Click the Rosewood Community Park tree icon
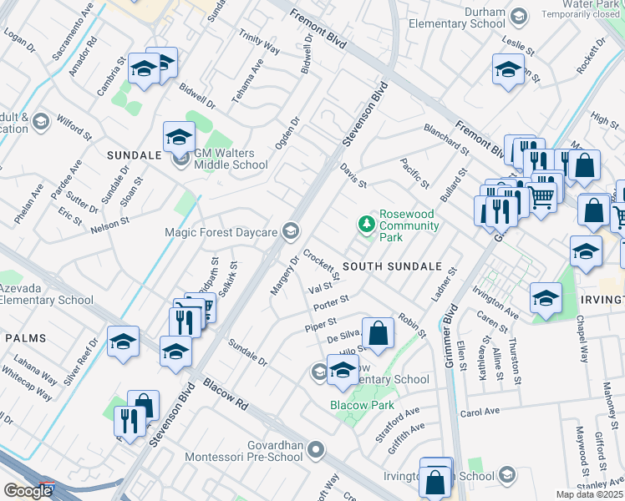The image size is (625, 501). click(365, 224)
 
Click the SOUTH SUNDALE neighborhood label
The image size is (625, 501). click(391, 266)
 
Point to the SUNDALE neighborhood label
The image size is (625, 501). click(134, 155)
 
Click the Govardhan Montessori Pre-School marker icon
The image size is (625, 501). click(315, 451)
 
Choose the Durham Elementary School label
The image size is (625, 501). click(463, 18)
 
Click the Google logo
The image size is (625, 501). click(27, 491)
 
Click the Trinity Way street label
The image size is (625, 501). click(259, 46)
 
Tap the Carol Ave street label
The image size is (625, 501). click(480, 412)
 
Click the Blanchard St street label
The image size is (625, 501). click(446, 139)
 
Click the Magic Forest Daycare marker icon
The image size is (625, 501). click(290, 231)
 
